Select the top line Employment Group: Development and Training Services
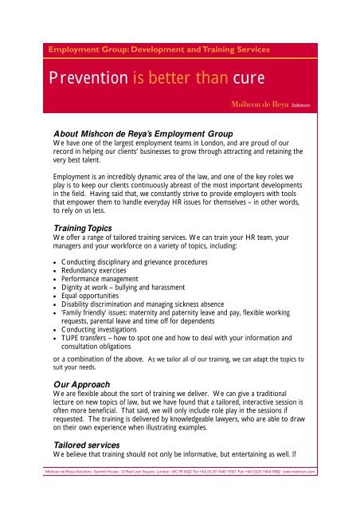[x=159, y=49]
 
